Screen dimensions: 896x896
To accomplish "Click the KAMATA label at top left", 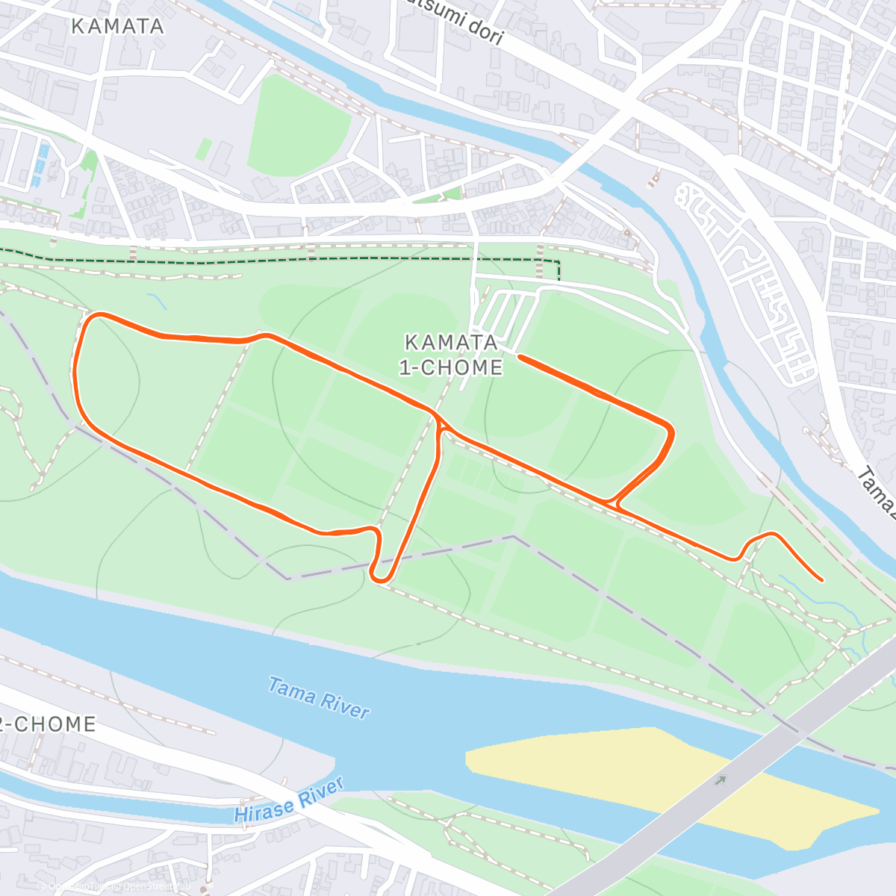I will [x=117, y=26].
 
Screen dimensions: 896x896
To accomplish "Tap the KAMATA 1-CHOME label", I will [x=451, y=355].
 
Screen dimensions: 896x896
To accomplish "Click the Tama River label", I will [x=319, y=698].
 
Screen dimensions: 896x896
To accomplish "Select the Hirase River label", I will [x=289, y=800].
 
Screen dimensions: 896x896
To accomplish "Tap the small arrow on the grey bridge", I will [x=720, y=781].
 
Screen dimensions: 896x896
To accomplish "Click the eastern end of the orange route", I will [x=821, y=579].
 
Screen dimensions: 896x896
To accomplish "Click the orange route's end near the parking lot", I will [x=519, y=357].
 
